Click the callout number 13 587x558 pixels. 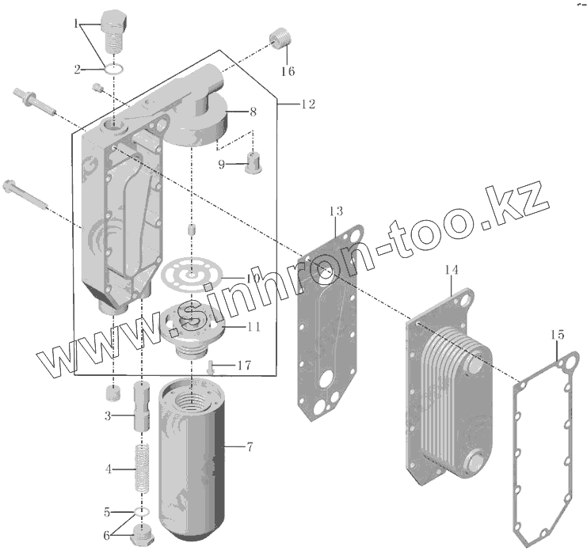tap(336, 211)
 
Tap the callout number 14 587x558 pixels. tap(451, 271)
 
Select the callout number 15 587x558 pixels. tap(558, 336)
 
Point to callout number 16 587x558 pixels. tap(288, 71)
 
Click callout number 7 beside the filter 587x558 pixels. tap(250, 447)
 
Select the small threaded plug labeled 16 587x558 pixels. tap(278, 38)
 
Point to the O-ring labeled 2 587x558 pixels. tap(114, 69)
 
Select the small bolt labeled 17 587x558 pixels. tap(213, 366)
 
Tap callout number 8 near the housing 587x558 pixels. tap(252, 111)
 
